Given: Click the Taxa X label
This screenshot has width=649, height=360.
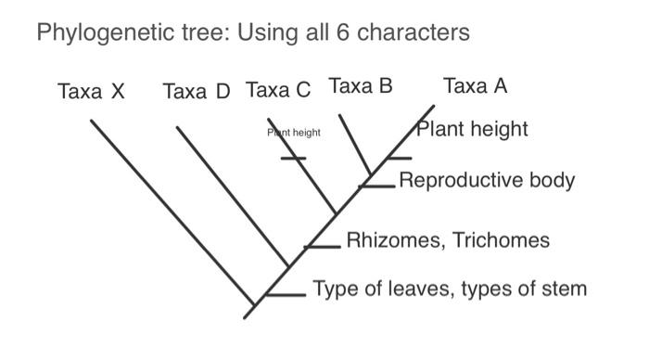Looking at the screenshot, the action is pyautogui.click(x=90, y=91).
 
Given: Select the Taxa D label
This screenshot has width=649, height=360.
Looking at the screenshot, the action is pyautogui.click(x=196, y=91).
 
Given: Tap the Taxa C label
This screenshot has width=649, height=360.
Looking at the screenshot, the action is pyautogui.click(x=278, y=90).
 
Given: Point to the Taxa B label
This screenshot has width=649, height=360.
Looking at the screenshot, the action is pyautogui.click(x=361, y=86).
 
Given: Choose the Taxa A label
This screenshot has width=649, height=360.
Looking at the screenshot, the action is pyautogui.click(x=476, y=86).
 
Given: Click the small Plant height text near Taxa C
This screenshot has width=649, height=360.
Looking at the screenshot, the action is pyautogui.click(x=294, y=133).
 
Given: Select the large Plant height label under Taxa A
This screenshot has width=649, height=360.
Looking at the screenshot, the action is pyautogui.click(x=472, y=129).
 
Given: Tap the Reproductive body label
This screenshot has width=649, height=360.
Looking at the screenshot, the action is pyautogui.click(x=487, y=180).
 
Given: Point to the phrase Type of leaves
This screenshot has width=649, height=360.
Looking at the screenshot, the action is pyautogui.click(x=379, y=289).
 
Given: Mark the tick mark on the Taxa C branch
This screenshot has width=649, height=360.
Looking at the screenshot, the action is pyautogui.click(x=293, y=159).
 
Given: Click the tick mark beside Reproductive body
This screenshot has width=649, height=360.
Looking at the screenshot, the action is pyautogui.click(x=378, y=186).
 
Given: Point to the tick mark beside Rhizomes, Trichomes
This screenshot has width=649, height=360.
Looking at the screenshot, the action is pyautogui.click(x=324, y=247).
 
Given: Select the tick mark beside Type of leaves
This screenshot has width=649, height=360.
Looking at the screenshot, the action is pyautogui.click(x=287, y=295).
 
